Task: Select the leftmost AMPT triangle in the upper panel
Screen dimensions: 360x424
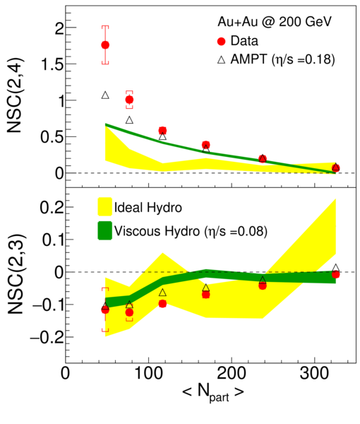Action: pyautogui.click(x=105, y=95)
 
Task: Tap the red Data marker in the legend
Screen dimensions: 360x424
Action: pyautogui.click(x=222, y=42)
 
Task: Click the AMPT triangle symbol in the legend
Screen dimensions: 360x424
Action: pyautogui.click(x=222, y=59)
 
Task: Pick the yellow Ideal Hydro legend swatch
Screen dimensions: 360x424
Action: pyautogui.click(x=104, y=207)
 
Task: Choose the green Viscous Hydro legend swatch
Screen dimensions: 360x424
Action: pyautogui.click(x=104, y=230)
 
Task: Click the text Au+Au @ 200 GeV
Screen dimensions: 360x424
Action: pyautogui.click(x=275, y=22)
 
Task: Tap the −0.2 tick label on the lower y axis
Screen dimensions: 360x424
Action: pyautogui.click(x=47, y=338)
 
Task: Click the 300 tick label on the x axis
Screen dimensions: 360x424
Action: pyautogui.click(x=315, y=374)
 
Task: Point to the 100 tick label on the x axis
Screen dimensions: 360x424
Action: pyautogui.click(x=148, y=374)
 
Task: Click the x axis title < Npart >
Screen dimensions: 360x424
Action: pyautogui.click(x=213, y=393)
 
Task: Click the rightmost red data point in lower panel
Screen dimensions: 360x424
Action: pyautogui.click(x=336, y=274)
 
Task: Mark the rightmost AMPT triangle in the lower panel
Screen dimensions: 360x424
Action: pyautogui.click(x=336, y=268)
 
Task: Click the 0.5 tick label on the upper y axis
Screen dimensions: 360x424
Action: pyautogui.click(x=52, y=137)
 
